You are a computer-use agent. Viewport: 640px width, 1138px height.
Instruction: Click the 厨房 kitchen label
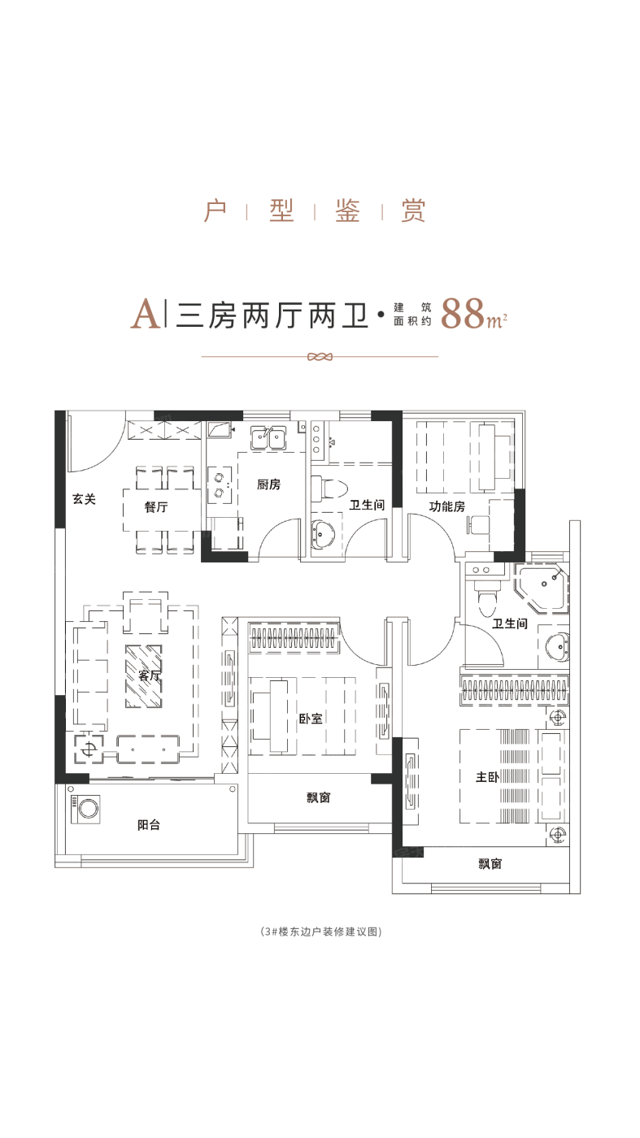point(268,484)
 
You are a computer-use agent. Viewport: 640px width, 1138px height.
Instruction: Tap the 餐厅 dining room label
point(156,506)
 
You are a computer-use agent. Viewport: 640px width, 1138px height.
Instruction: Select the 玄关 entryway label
point(84,499)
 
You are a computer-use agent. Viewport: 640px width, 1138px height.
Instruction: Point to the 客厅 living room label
point(150,675)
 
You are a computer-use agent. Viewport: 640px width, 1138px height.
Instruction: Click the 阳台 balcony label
point(149,824)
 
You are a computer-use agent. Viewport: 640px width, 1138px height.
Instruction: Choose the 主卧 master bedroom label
point(487,777)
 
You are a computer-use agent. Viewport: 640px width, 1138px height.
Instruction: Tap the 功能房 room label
point(446,506)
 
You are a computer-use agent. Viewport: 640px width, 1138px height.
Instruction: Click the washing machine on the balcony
point(87,808)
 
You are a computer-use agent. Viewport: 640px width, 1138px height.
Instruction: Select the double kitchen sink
point(268,438)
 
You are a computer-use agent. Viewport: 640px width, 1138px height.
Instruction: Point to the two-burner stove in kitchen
point(220,484)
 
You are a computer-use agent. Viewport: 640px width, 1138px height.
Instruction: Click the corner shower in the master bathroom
point(541,587)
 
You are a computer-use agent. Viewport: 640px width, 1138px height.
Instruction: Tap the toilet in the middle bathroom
point(329,489)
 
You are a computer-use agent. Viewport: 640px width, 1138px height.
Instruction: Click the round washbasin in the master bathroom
point(557,647)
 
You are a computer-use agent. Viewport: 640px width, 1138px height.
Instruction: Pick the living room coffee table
point(144,676)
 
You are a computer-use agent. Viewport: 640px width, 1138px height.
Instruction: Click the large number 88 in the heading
point(462,314)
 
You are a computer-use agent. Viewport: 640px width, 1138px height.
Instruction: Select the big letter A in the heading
point(146,314)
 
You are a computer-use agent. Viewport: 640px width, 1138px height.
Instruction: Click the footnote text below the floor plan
point(320,932)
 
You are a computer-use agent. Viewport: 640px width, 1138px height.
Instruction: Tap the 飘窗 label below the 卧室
point(318,797)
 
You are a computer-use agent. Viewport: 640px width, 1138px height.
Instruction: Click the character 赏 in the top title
point(413,211)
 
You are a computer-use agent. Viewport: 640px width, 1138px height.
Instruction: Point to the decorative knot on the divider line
point(320,357)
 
